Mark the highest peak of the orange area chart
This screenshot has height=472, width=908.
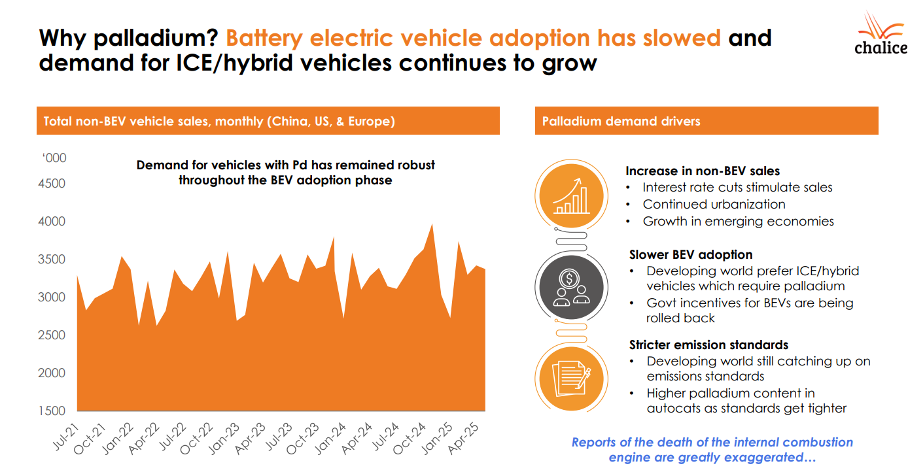[x=432, y=224]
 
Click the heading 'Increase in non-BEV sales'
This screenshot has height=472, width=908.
[x=703, y=171]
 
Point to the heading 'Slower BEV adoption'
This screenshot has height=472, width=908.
[x=691, y=255]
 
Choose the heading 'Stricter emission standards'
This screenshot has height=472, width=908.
[x=708, y=345]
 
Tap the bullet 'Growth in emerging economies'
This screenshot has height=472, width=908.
[x=738, y=221]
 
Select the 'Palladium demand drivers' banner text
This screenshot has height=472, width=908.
[x=621, y=121]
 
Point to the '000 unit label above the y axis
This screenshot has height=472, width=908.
[x=55, y=158]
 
